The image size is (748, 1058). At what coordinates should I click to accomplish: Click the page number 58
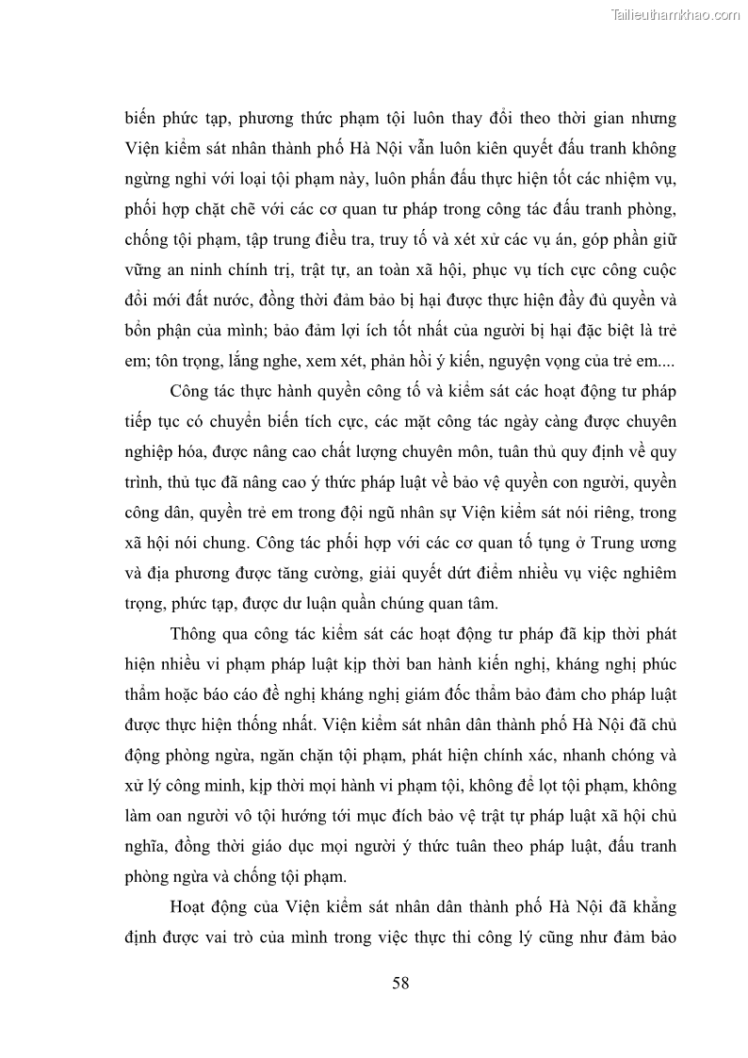click(x=399, y=984)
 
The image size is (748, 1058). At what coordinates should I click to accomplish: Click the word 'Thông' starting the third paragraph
click(x=197, y=632)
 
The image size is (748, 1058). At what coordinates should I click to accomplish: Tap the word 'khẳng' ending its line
click(x=649, y=912)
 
